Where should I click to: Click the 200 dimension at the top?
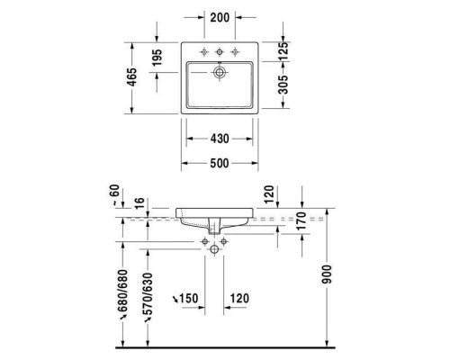pyautogui.click(x=219, y=18)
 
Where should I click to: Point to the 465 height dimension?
pyautogui.click(x=131, y=76)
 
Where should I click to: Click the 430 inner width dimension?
pyautogui.click(x=219, y=139)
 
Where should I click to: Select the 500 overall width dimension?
pyautogui.click(x=219, y=163)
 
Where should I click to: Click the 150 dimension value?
pyautogui.click(x=187, y=298)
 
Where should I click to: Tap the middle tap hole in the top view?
pyautogui.click(x=219, y=49)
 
